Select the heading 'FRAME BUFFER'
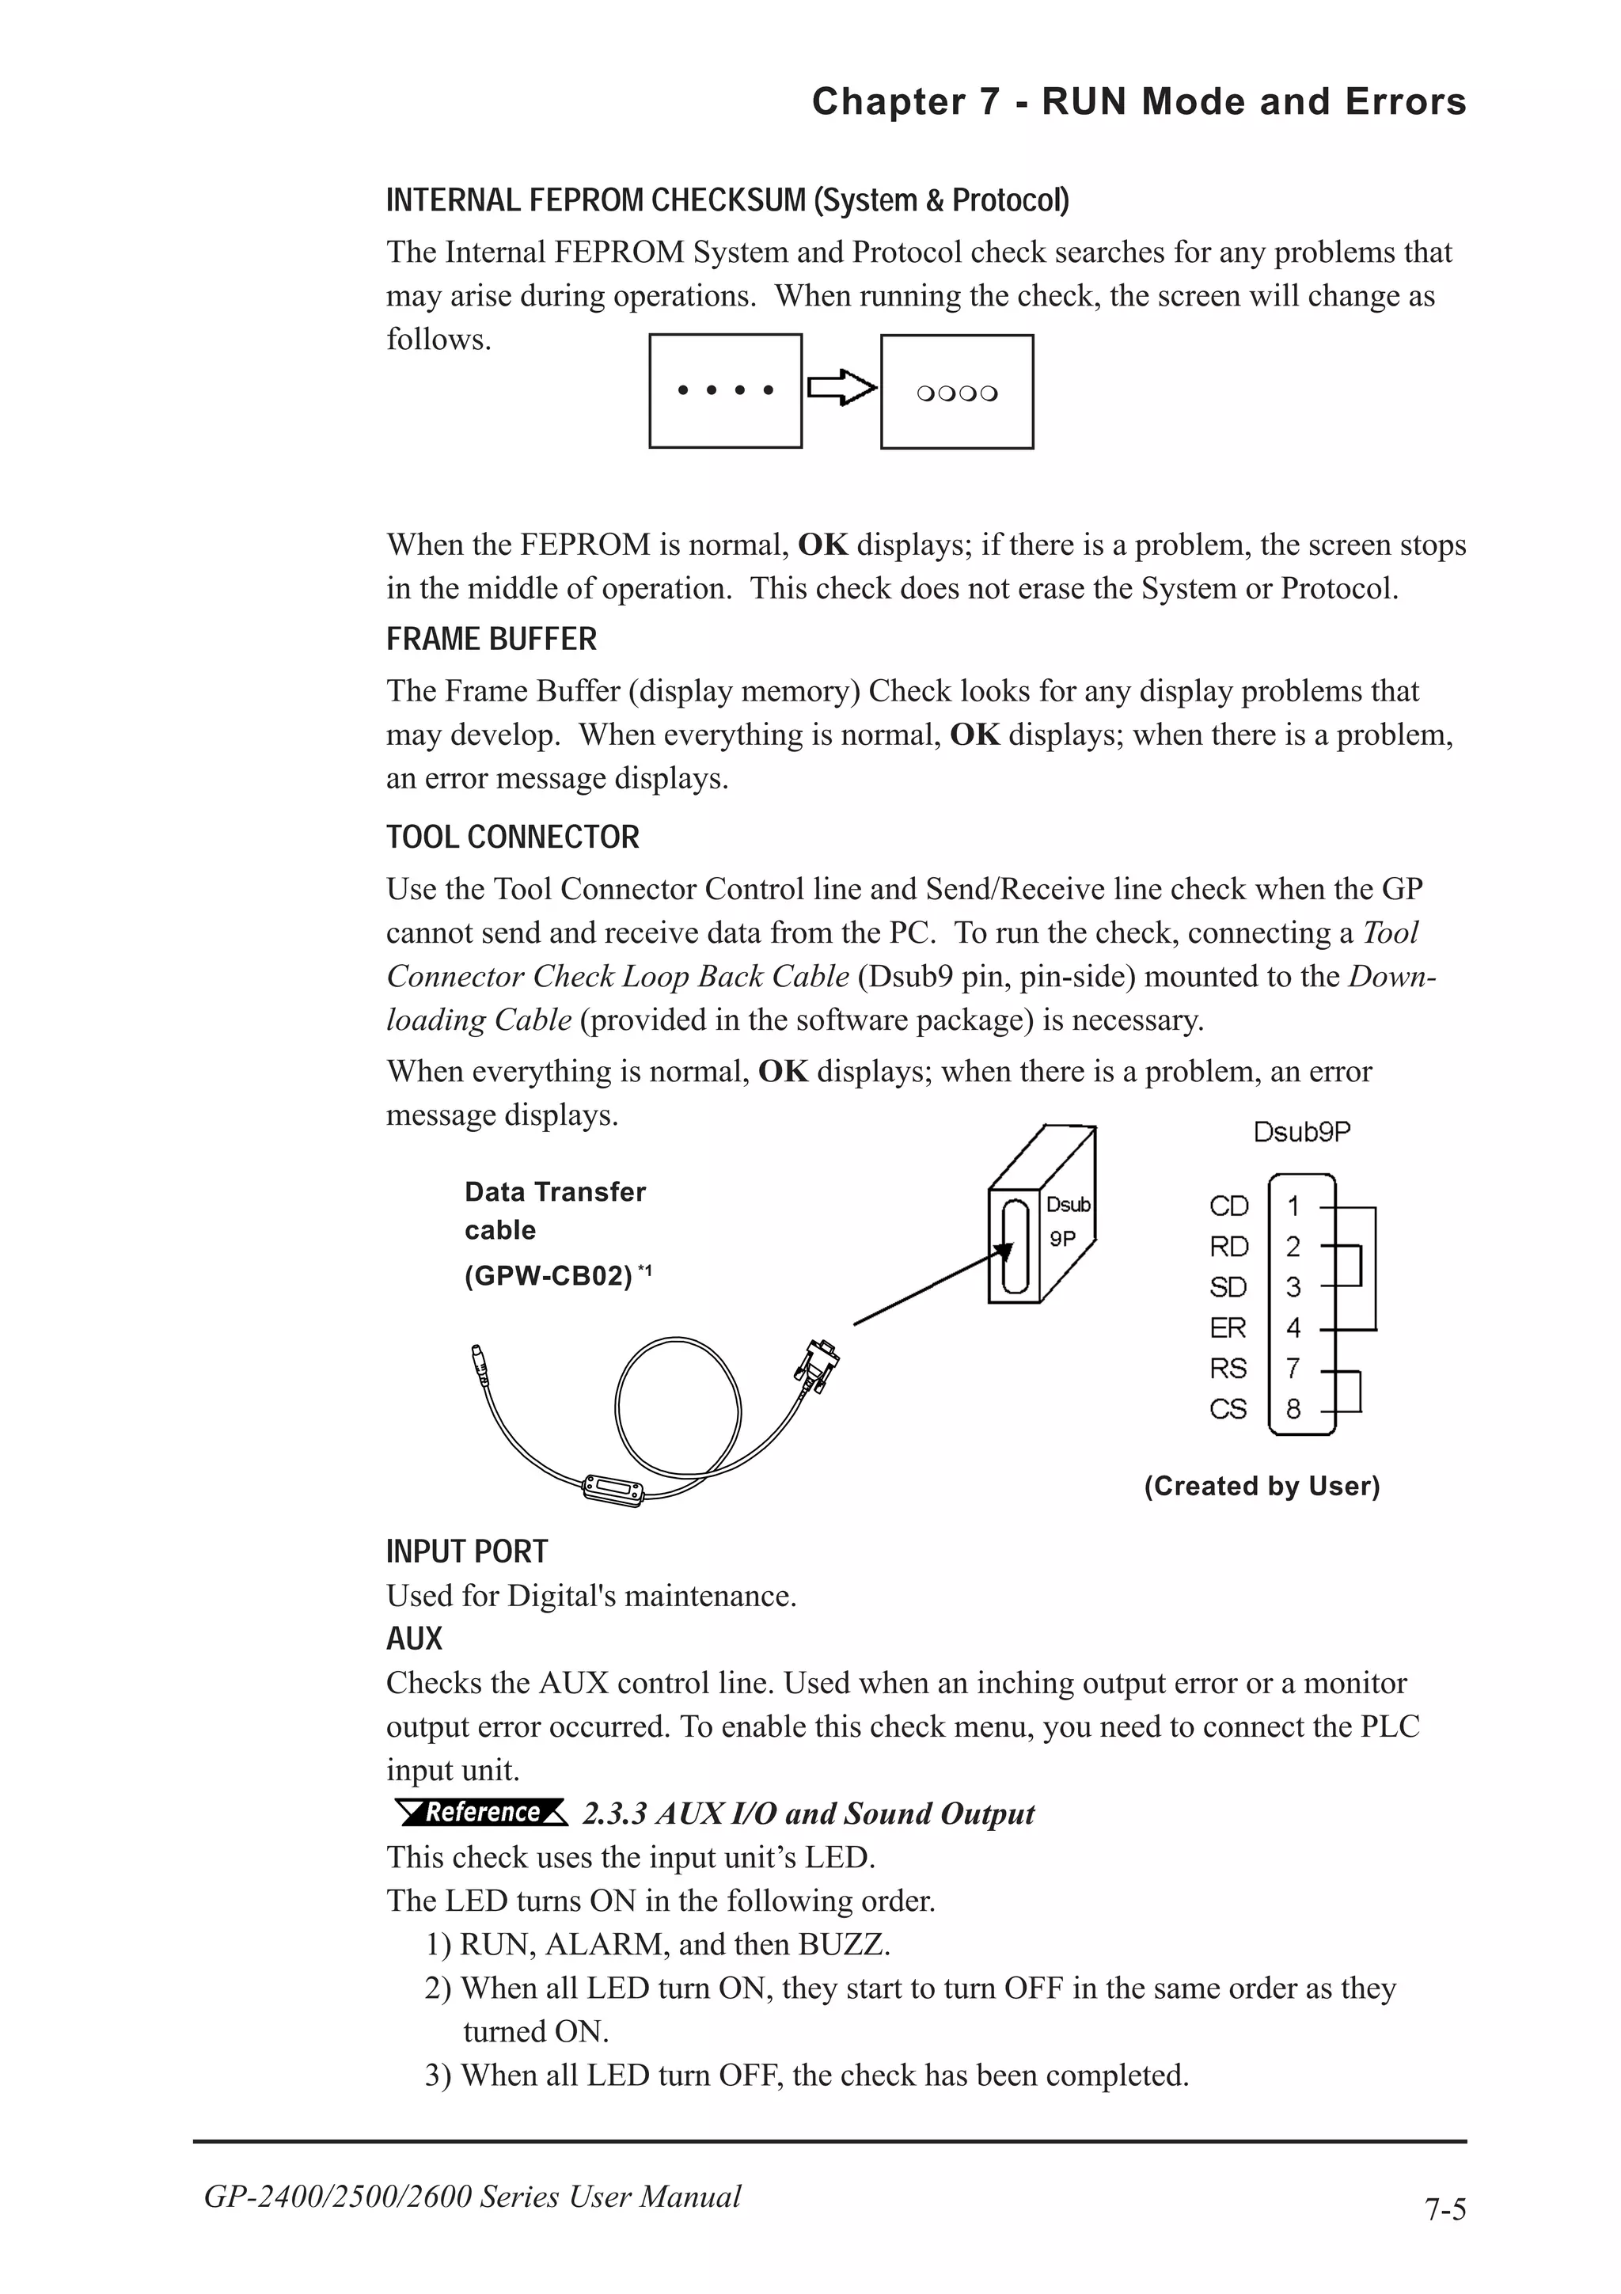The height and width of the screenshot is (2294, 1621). pyautogui.click(x=492, y=640)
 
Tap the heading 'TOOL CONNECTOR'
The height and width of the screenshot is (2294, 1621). pyautogui.click(x=512, y=837)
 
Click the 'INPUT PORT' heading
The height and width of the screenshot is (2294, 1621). pyautogui.click(x=466, y=1551)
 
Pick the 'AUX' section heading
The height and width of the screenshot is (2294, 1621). pyautogui.click(x=413, y=1639)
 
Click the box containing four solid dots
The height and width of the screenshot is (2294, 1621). pyautogui.click(x=725, y=391)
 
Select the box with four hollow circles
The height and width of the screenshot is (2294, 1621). pyautogui.click(x=956, y=392)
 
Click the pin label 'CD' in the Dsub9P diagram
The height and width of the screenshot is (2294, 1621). pyautogui.click(x=1228, y=1207)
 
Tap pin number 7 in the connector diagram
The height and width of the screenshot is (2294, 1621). pyautogui.click(x=1293, y=1368)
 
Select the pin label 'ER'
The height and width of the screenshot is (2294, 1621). pyautogui.click(x=1228, y=1327)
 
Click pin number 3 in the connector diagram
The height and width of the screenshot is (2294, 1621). pyautogui.click(x=1293, y=1288)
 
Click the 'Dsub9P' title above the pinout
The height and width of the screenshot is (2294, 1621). pyautogui.click(x=1301, y=1132)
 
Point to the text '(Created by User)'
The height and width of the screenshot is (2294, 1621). pyautogui.click(x=1262, y=1486)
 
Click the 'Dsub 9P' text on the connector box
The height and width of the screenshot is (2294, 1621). pyautogui.click(x=1067, y=1221)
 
